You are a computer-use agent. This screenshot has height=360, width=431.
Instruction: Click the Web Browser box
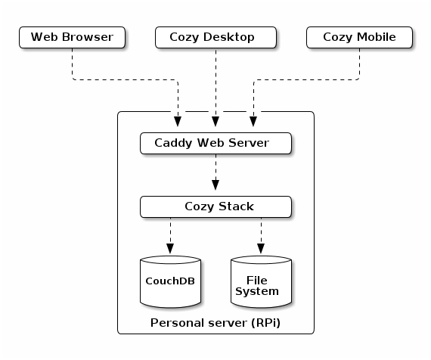(x=72, y=37)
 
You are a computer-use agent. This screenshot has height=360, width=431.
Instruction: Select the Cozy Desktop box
(x=215, y=37)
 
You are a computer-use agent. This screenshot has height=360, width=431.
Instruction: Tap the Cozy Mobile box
(x=359, y=37)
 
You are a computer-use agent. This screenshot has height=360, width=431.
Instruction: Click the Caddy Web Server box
(x=215, y=143)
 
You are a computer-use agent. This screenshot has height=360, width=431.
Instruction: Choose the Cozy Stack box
(x=215, y=206)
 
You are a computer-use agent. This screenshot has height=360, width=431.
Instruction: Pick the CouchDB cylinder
(x=170, y=281)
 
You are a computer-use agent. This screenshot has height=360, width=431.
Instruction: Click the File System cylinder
(x=261, y=281)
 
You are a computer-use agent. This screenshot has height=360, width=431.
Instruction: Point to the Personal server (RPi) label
(x=215, y=323)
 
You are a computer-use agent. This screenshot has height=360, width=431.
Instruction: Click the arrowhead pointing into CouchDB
(x=170, y=249)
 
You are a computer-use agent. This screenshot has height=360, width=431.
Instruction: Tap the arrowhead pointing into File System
(x=261, y=249)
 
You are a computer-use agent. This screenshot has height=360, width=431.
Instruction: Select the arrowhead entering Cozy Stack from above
(x=215, y=185)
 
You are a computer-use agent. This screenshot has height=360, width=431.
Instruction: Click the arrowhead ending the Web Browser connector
(x=178, y=122)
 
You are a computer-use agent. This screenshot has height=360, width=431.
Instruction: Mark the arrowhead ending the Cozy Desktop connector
(x=215, y=122)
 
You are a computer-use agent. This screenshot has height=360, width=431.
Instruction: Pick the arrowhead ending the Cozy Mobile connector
(x=253, y=122)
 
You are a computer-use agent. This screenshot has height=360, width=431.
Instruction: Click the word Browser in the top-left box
(x=88, y=37)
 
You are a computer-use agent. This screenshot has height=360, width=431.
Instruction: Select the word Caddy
(x=173, y=143)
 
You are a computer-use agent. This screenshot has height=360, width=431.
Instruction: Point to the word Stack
(x=236, y=206)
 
